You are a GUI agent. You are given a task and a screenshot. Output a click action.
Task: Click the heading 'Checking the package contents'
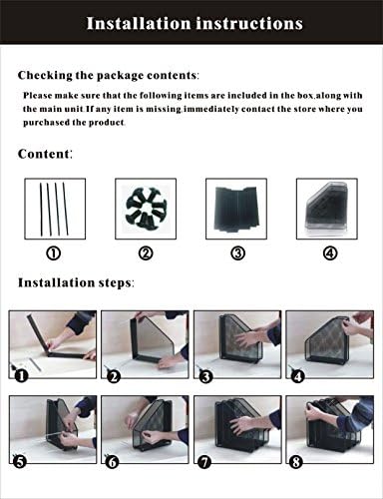coord(108,75)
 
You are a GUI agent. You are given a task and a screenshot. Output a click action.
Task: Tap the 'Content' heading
coord(45,154)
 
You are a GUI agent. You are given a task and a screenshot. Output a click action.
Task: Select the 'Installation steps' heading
coord(76,283)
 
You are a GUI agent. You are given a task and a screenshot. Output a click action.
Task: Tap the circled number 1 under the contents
coord(54,252)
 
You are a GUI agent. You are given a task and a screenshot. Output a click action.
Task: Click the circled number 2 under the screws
coord(146,252)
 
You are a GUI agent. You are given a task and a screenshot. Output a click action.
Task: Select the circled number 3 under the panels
coord(237,252)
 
